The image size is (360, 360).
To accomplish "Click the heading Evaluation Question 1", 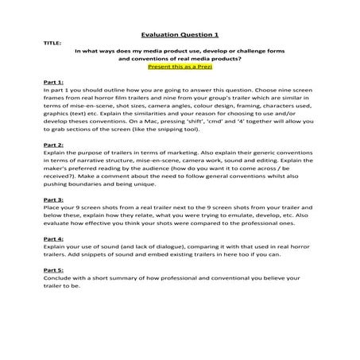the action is [x=179, y=35].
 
